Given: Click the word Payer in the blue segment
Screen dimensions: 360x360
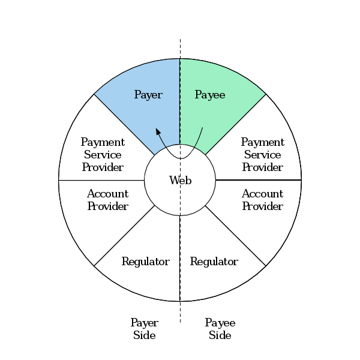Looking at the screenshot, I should (148, 95).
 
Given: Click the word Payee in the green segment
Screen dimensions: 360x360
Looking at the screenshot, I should (210, 95).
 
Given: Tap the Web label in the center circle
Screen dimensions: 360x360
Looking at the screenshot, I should (180, 180).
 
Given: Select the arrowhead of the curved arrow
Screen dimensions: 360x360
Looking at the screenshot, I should (158, 131).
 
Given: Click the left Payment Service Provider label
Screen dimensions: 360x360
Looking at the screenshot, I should (103, 155).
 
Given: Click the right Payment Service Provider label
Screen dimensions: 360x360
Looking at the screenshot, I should (262, 155).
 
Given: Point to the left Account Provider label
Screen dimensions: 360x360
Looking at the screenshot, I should (107, 200).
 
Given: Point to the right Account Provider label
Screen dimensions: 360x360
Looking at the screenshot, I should (262, 200).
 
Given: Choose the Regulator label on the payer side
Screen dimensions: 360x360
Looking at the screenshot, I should (145, 262).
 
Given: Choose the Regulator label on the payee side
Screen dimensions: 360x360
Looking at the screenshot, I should (214, 262).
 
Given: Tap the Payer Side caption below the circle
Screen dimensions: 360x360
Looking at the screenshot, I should (144, 329).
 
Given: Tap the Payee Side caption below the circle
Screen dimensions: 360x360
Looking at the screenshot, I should (220, 329).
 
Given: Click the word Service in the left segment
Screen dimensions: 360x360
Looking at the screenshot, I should (103, 155).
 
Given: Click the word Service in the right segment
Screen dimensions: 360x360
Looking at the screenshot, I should (262, 155).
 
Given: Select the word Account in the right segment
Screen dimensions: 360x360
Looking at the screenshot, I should (262, 194).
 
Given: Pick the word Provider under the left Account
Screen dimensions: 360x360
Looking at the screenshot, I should (107, 206).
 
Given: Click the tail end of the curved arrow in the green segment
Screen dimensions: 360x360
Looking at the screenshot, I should (203, 128).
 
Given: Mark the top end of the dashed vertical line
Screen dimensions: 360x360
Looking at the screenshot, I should (180, 40).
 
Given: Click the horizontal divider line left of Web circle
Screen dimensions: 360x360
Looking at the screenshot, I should (102, 180).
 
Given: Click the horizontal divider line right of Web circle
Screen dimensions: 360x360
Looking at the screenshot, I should (258, 180).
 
